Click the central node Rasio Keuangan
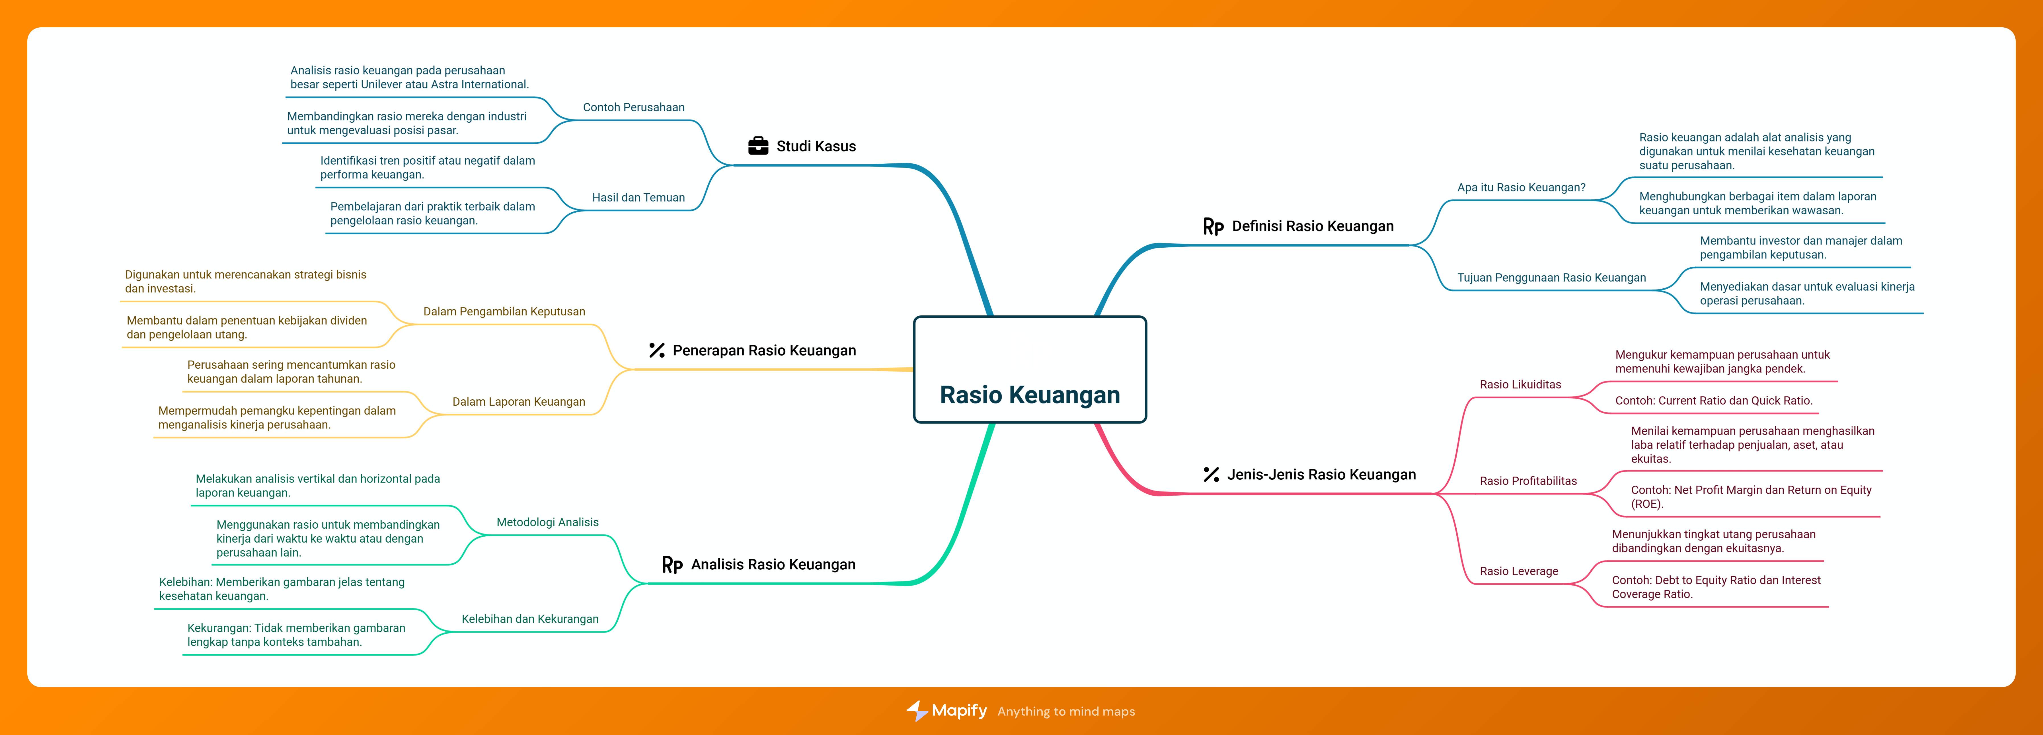pos(1029,369)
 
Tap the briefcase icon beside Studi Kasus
pos(758,146)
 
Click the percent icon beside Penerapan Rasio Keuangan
pos(657,350)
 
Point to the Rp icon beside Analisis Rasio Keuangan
pos(672,564)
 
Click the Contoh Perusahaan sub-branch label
pos(634,107)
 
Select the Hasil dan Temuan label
pos(638,198)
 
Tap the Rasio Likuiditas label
pos(1520,385)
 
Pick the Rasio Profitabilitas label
pos(1528,481)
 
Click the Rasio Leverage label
pos(1519,571)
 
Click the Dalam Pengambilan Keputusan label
pos(504,312)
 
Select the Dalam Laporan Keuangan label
pos(519,402)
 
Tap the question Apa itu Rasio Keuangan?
pos(1521,187)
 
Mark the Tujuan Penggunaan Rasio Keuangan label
pos(1551,278)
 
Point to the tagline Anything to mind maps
pos(1066,711)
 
